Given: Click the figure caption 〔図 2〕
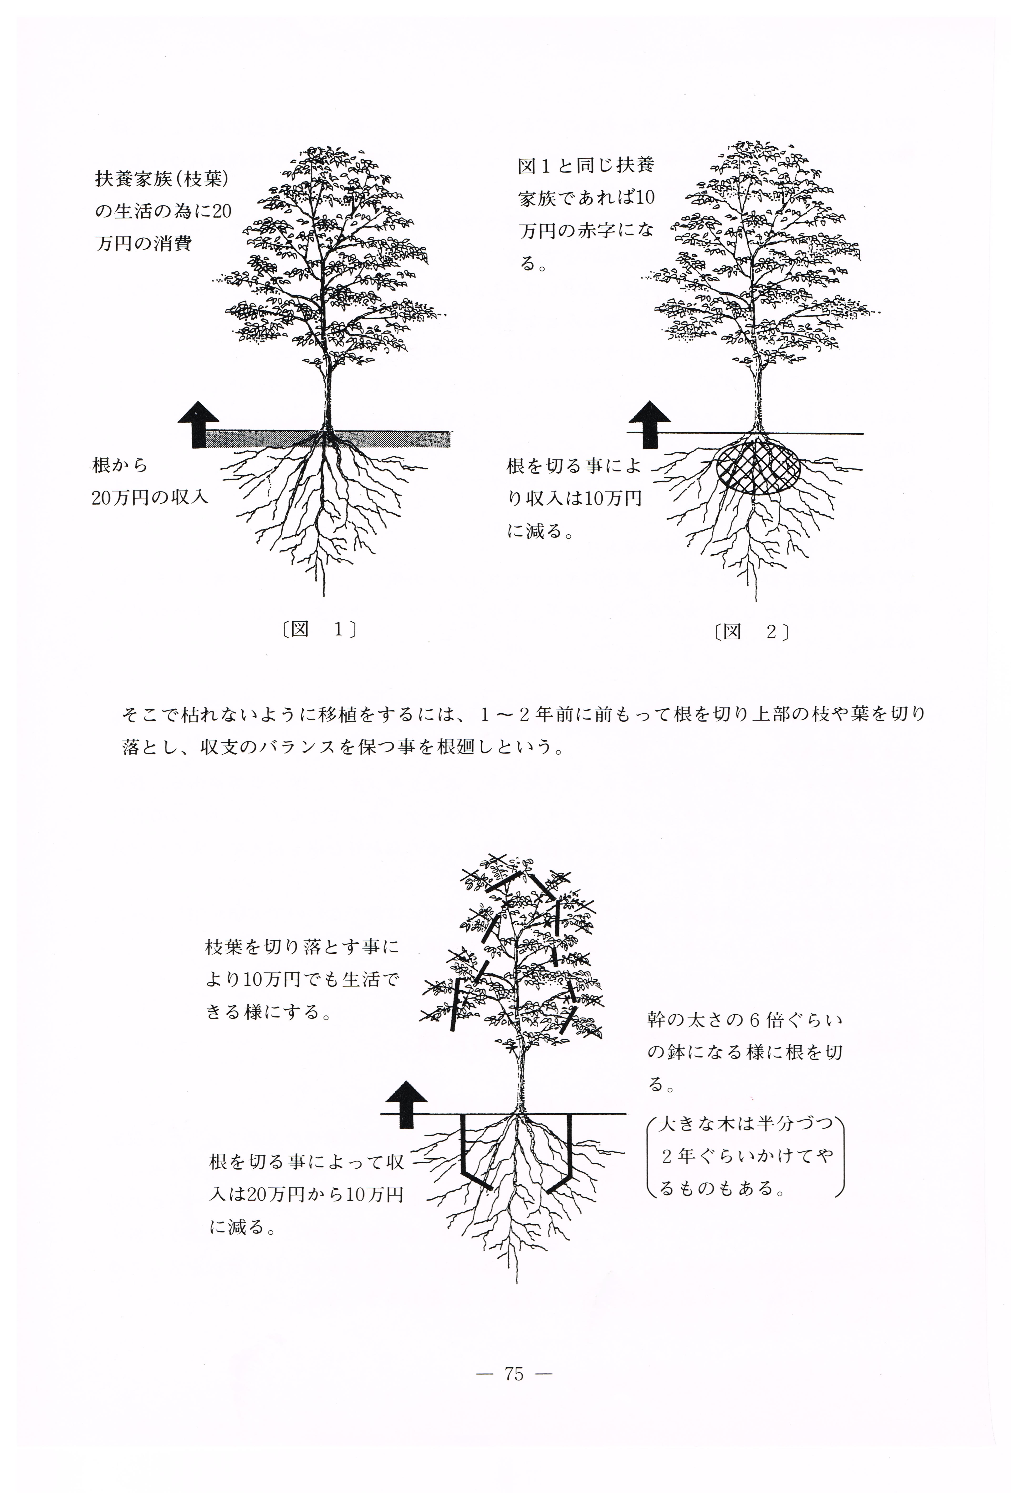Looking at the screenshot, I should click(x=751, y=632).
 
